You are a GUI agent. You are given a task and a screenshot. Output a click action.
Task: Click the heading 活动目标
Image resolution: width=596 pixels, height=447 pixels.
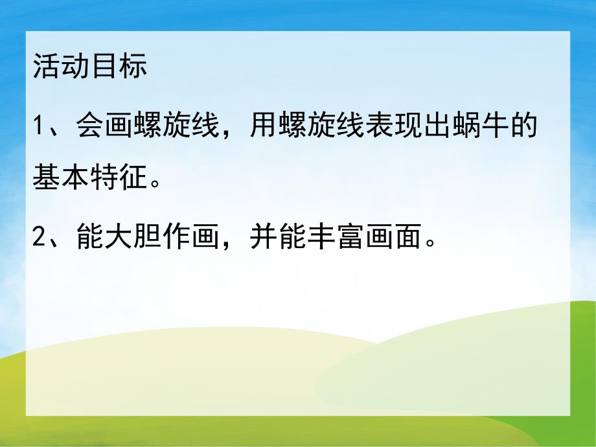[90, 67]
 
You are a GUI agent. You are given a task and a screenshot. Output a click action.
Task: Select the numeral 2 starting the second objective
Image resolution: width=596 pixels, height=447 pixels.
[39, 241]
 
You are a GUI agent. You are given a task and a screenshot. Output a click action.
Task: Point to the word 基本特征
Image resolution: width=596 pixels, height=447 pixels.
[90, 177]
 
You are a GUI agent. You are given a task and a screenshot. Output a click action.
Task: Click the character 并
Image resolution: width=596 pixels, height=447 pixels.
[259, 240]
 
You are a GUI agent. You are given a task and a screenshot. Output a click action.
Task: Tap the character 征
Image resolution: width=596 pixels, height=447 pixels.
[133, 177]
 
